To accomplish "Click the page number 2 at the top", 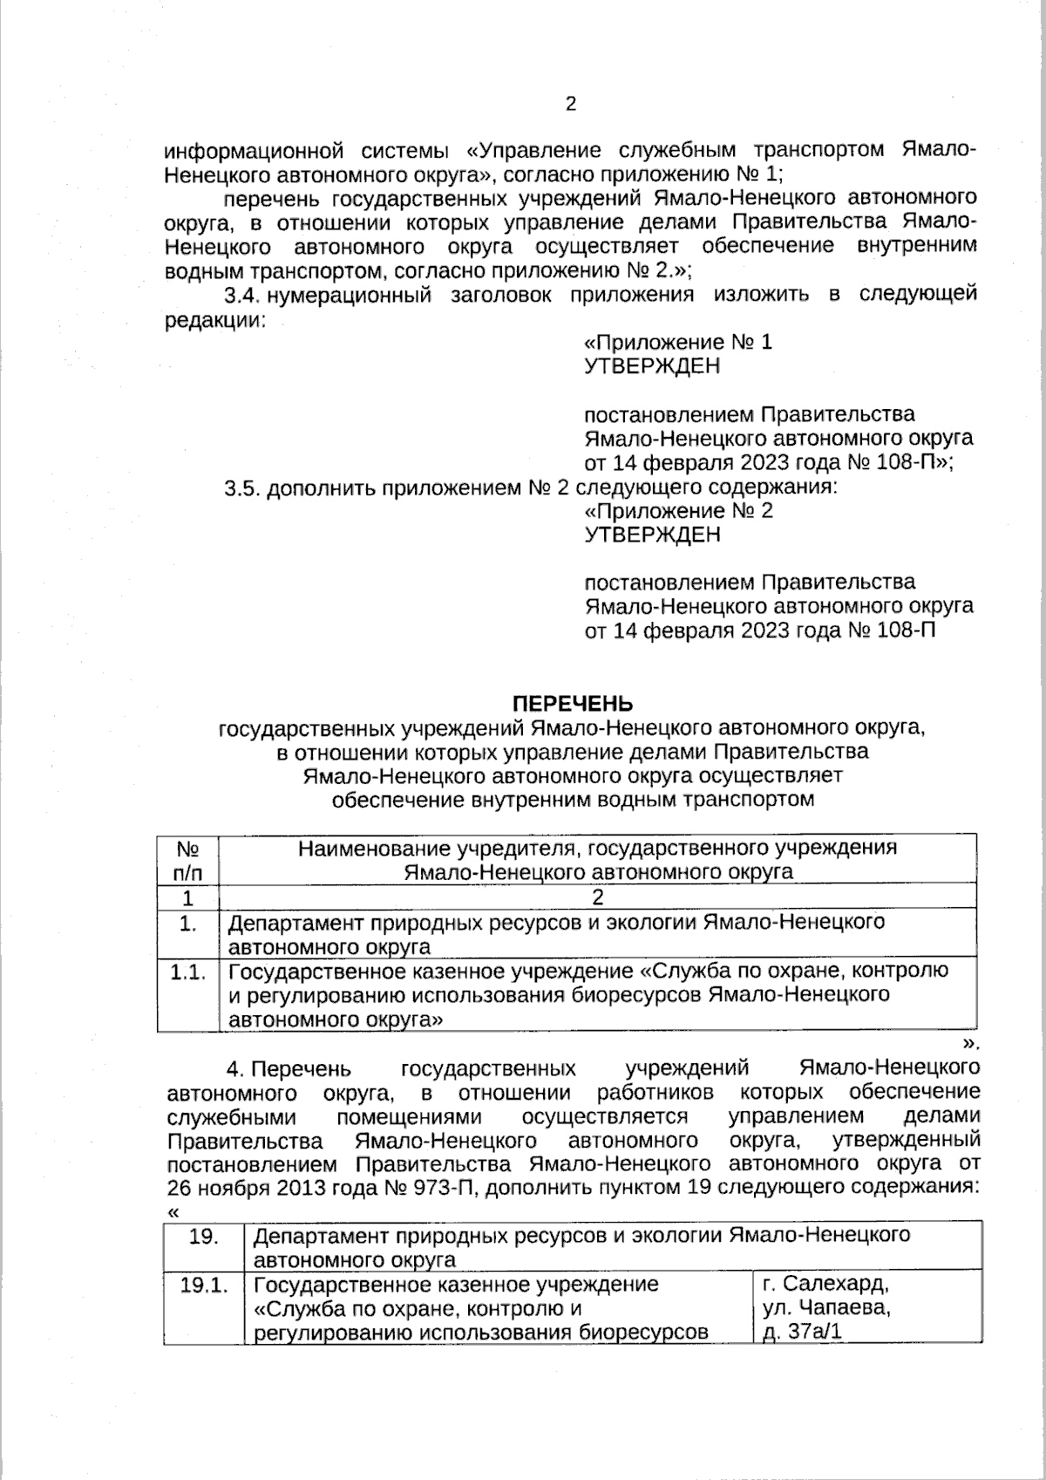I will coord(571,105).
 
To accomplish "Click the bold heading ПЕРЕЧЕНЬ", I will coord(572,704).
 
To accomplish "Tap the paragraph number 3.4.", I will coord(243,295).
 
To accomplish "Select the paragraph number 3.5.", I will coord(243,488).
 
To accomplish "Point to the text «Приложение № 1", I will coord(678,342).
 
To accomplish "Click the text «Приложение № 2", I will coord(678,510).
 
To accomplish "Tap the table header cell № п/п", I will coord(187,859).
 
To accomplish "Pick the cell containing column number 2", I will coord(597,897).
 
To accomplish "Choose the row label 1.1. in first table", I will coord(187,973).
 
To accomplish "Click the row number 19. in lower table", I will coord(204,1237).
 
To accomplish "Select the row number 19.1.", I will coord(204,1285).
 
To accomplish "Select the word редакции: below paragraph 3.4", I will coord(215,319).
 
